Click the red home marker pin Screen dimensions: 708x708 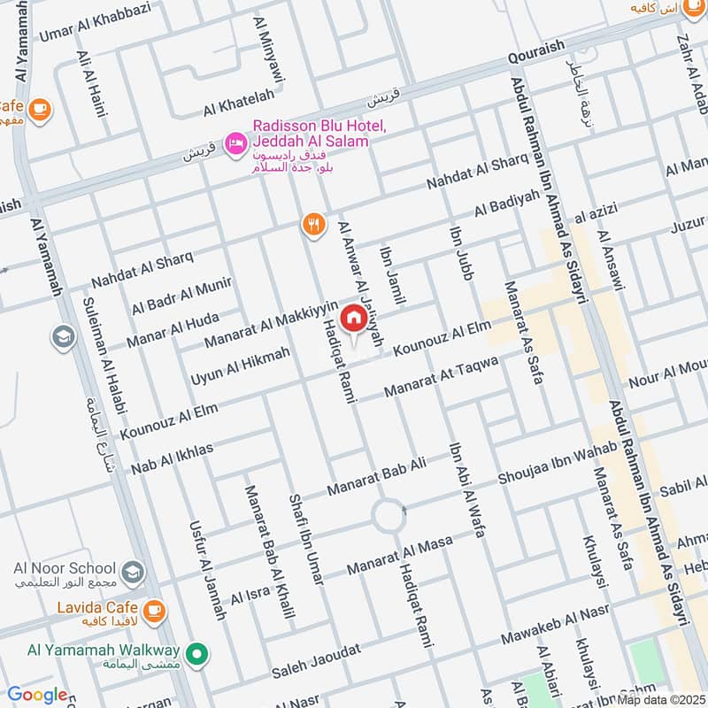click(x=353, y=318)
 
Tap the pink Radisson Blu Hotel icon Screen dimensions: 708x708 click(x=235, y=142)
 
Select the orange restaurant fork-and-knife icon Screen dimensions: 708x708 click(x=312, y=226)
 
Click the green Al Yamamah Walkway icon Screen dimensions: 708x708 click(x=200, y=655)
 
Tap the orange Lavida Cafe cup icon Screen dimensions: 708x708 click(x=153, y=609)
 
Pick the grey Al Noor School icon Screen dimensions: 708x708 click(x=132, y=568)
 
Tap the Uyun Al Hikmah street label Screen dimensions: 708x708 click(x=240, y=366)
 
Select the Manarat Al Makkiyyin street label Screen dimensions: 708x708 click(x=272, y=324)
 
